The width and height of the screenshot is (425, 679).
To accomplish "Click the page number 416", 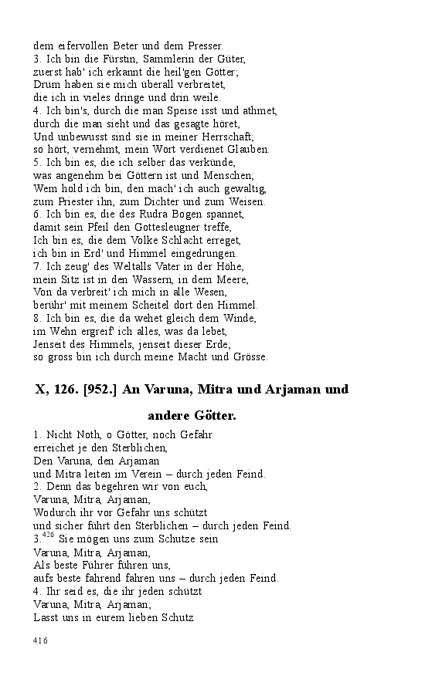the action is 40,640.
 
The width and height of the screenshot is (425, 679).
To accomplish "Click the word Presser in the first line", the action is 204,46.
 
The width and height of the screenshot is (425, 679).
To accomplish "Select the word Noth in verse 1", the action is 81,434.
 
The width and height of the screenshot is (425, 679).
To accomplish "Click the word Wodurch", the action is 57,512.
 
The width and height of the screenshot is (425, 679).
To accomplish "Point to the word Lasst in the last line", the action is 47,617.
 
